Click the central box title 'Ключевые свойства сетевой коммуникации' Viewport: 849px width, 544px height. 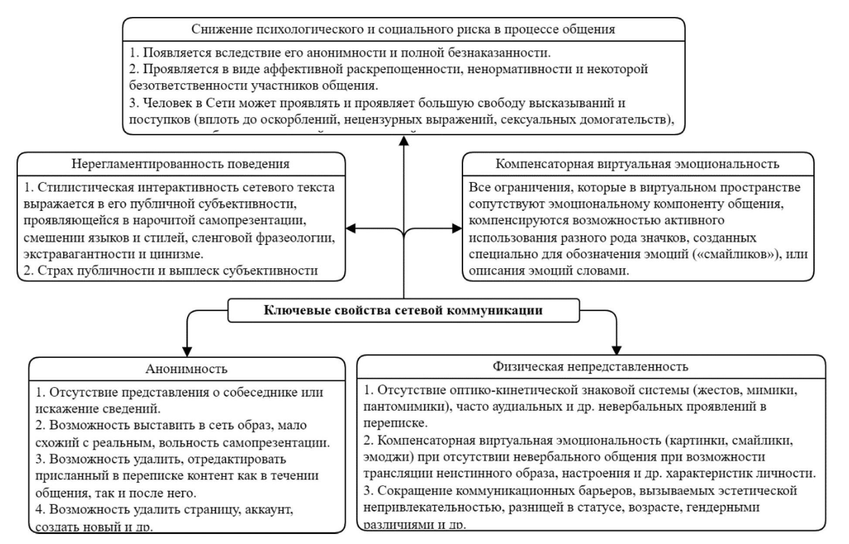coord(403,310)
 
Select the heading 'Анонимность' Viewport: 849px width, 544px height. coord(186,369)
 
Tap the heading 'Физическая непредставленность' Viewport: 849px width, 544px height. coord(590,367)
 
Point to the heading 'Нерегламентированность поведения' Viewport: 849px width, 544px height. coord(181,164)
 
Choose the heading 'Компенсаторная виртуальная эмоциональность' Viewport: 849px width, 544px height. coord(637,164)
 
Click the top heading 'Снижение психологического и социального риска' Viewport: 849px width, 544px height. coord(403,29)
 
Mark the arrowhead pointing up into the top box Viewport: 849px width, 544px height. coord(404,141)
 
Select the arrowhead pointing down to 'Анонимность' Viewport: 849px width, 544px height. coord(187,351)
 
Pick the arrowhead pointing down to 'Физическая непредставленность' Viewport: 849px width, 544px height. coord(616,350)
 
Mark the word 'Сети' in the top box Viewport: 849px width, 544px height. coord(220,103)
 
